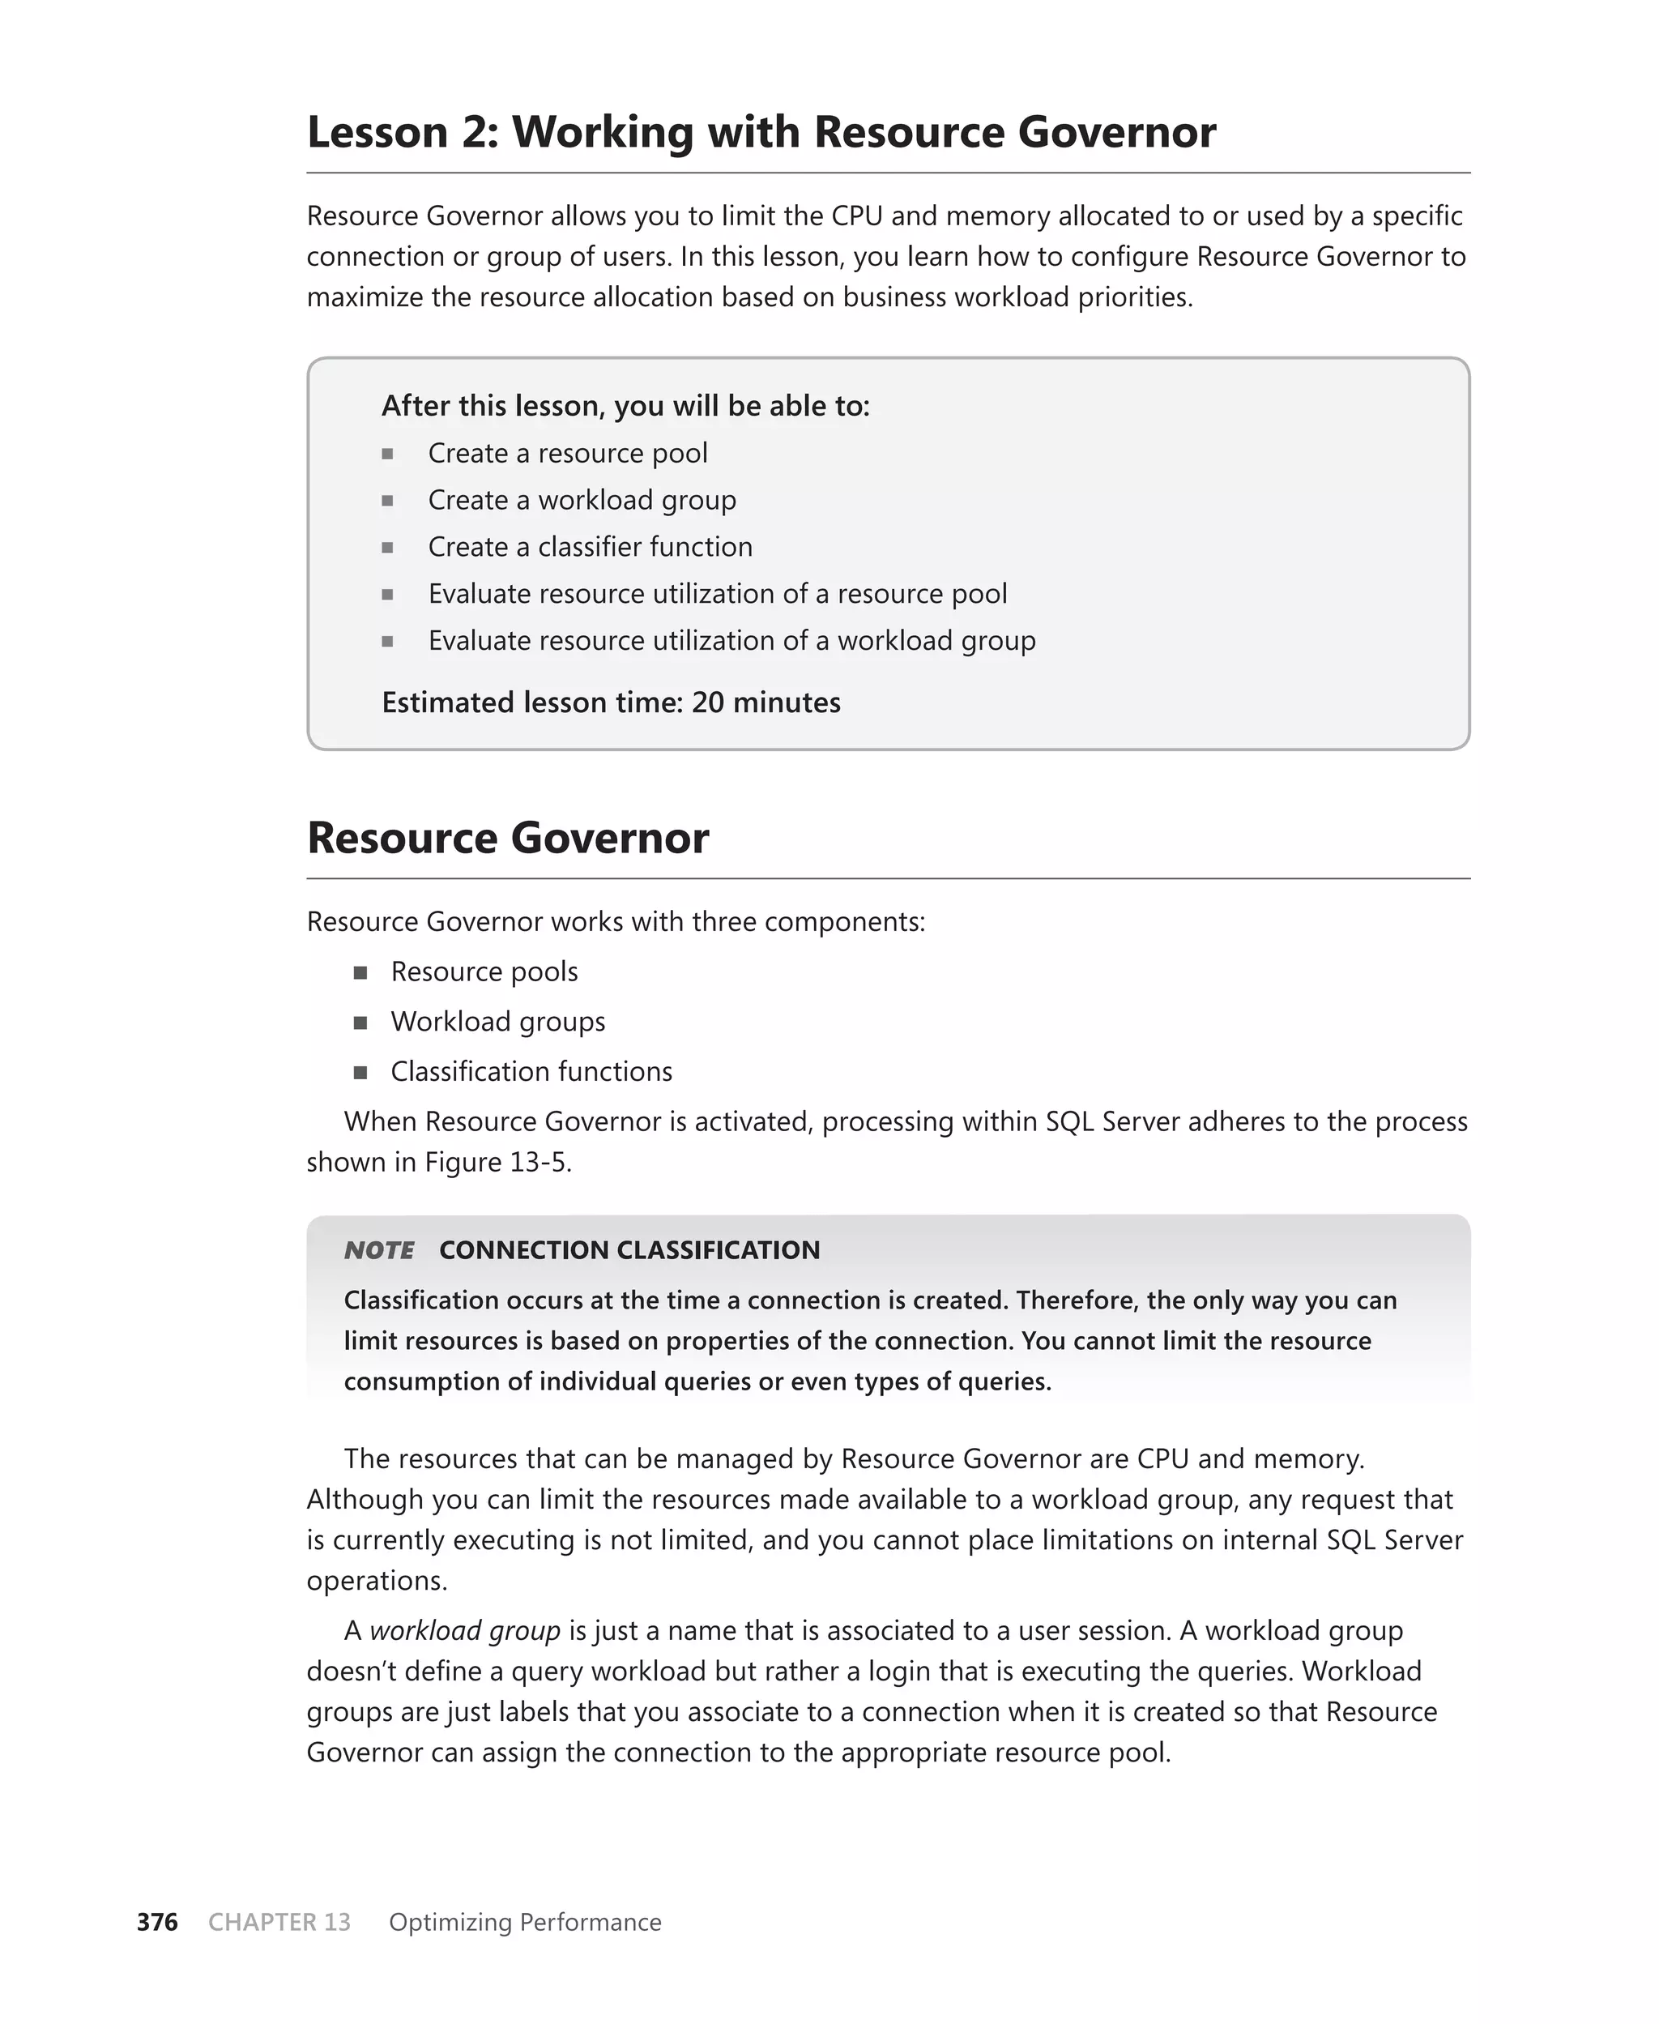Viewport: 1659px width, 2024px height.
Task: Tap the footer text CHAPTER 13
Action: pyautogui.click(x=279, y=1922)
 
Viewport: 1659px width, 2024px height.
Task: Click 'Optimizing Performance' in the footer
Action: pyautogui.click(x=525, y=1922)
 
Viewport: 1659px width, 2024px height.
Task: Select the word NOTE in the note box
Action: pyautogui.click(x=378, y=1250)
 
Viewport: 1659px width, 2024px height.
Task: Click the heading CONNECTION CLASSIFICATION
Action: pyautogui.click(x=629, y=1250)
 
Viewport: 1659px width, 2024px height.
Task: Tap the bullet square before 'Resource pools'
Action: pyautogui.click(x=360, y=973)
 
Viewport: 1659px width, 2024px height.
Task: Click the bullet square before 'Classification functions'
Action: pyautogui.click(x=360, y=1072)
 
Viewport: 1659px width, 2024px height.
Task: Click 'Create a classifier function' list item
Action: pyautogui.click(x=590, y=547)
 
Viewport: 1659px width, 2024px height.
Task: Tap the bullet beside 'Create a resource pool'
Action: pyautogui.click(x=387, y=454)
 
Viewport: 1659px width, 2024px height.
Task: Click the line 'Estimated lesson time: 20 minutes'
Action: pyautogui.click(x=611, y=702)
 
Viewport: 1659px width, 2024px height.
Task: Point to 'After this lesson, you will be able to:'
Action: pyautogui.click(x=625, y=406)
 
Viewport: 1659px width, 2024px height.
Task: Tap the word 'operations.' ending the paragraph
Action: pyautogui.click(x=377, y=1580)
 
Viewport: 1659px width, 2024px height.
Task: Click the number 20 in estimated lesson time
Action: pyautogui.click(x=708, y=702)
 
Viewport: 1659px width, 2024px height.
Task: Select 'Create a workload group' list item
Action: pyautogui.click(x=581, y=500)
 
